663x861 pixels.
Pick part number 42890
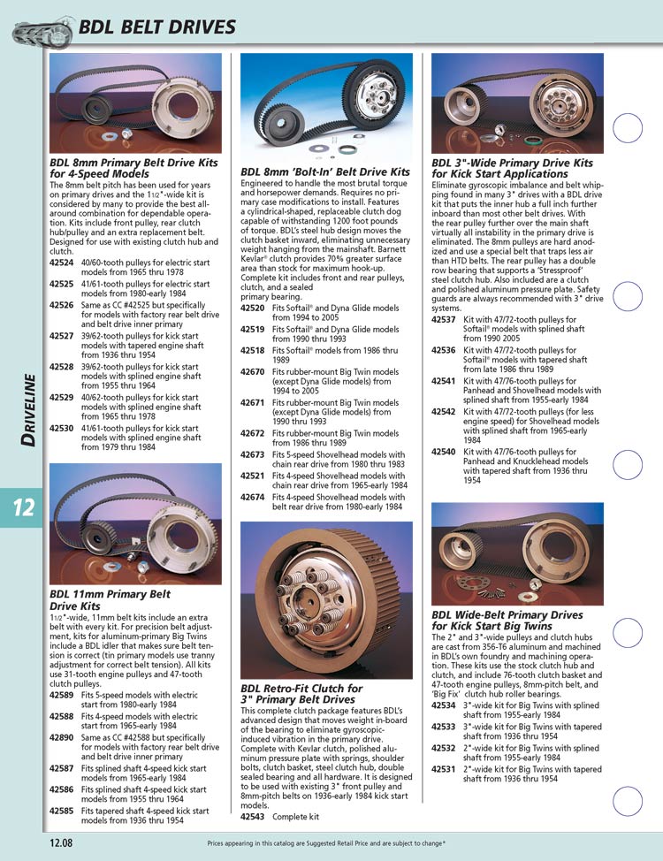tap(61, 736)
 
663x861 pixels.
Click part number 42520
tap(253, 308)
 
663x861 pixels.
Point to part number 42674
tap(253, 498)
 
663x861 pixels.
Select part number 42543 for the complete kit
tap(253, 817)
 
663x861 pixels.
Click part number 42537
tap(444, 319)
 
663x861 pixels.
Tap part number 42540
tap(444, 452)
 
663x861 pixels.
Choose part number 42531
tap(444, 769)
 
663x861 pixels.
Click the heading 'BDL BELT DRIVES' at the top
tap(157, 27)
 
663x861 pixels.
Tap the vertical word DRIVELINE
tap(30, 409)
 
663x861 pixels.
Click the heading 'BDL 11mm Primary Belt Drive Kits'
tap(110, 600)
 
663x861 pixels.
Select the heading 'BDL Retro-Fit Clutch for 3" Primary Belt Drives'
tap(301, 693)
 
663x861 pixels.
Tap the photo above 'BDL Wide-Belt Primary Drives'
tap(516, 554)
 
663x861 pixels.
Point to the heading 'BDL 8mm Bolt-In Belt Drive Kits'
tap(325, 171)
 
